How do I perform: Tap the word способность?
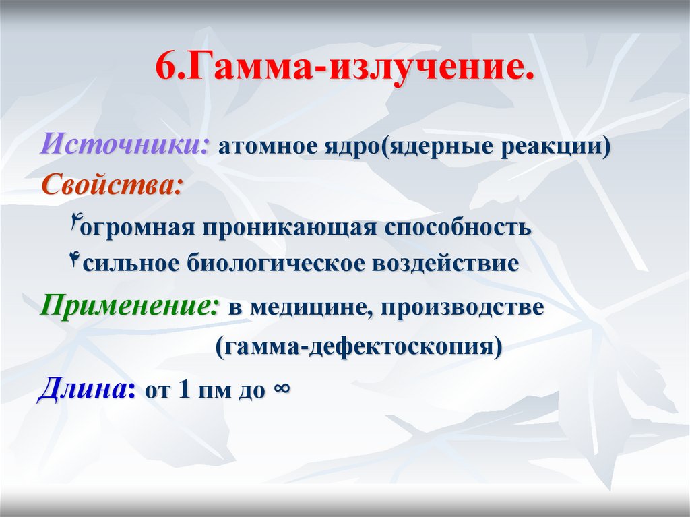click(x=458, y=227)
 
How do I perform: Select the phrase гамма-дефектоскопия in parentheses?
click(x=358, y=348)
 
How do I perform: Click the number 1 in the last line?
click(x=184, y=391)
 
